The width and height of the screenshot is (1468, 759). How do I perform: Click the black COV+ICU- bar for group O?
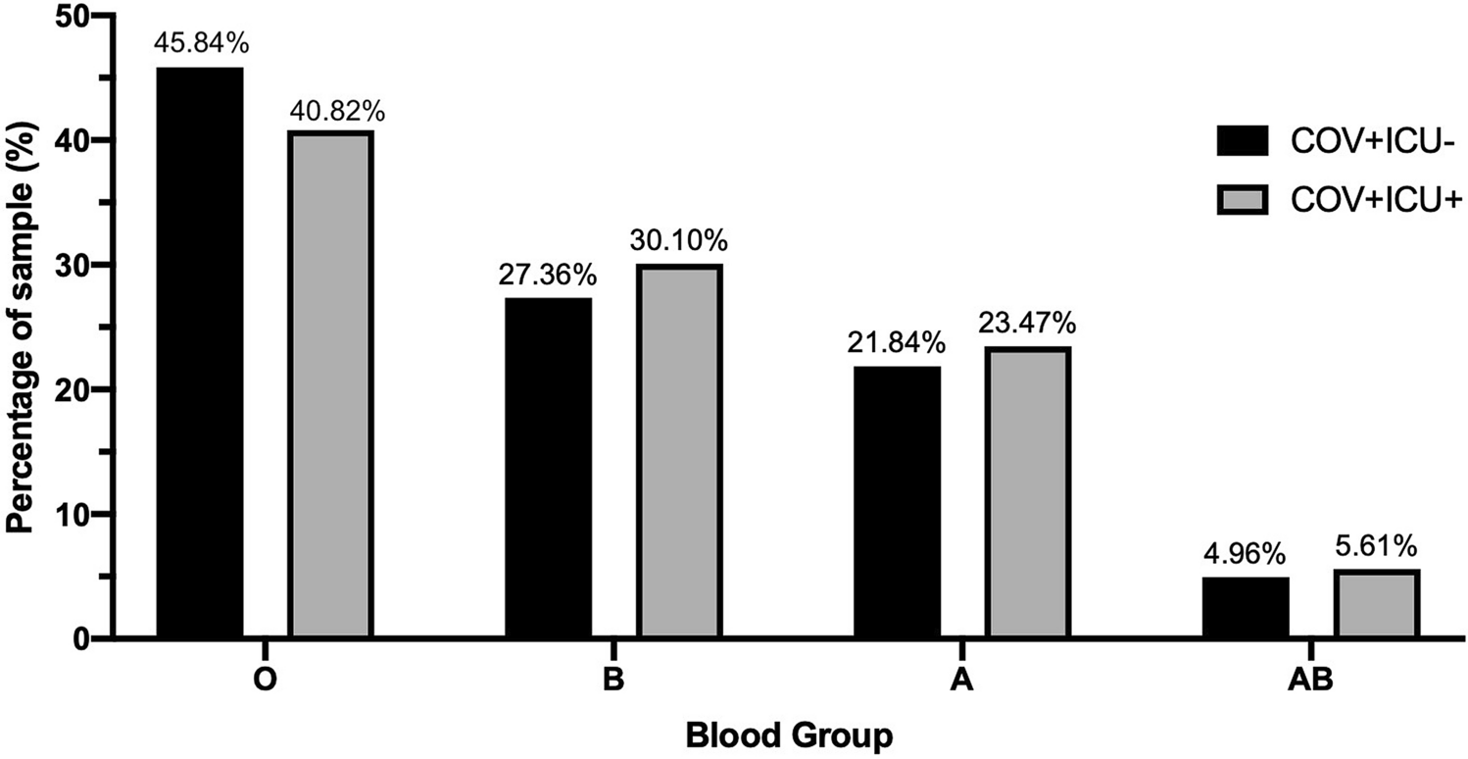[200, 353]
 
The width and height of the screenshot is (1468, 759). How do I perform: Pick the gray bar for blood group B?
[678, 451]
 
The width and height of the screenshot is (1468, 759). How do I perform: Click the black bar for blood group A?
[898, 502]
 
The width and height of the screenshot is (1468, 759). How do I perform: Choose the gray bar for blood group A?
[1027, 492]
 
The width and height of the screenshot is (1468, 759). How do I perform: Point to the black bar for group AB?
[1246, 607]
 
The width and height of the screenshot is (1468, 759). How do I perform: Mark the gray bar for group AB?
[1376, 603]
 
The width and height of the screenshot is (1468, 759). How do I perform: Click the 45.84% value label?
[200, 45]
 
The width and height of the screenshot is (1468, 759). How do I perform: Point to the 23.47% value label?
[1027, 325]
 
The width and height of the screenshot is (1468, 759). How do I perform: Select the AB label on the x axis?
[1311, 681]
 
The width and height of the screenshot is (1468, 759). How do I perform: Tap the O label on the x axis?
[264, 681]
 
